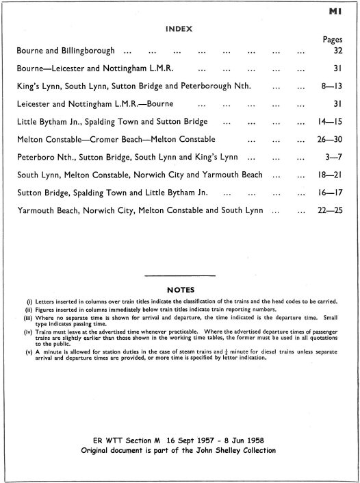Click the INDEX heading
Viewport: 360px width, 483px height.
180,29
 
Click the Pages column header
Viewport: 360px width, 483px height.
333,40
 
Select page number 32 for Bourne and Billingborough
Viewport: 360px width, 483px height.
337,51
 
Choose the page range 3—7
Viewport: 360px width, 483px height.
335,156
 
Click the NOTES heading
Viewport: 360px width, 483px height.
180,289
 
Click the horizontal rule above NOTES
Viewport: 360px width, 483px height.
180,275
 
